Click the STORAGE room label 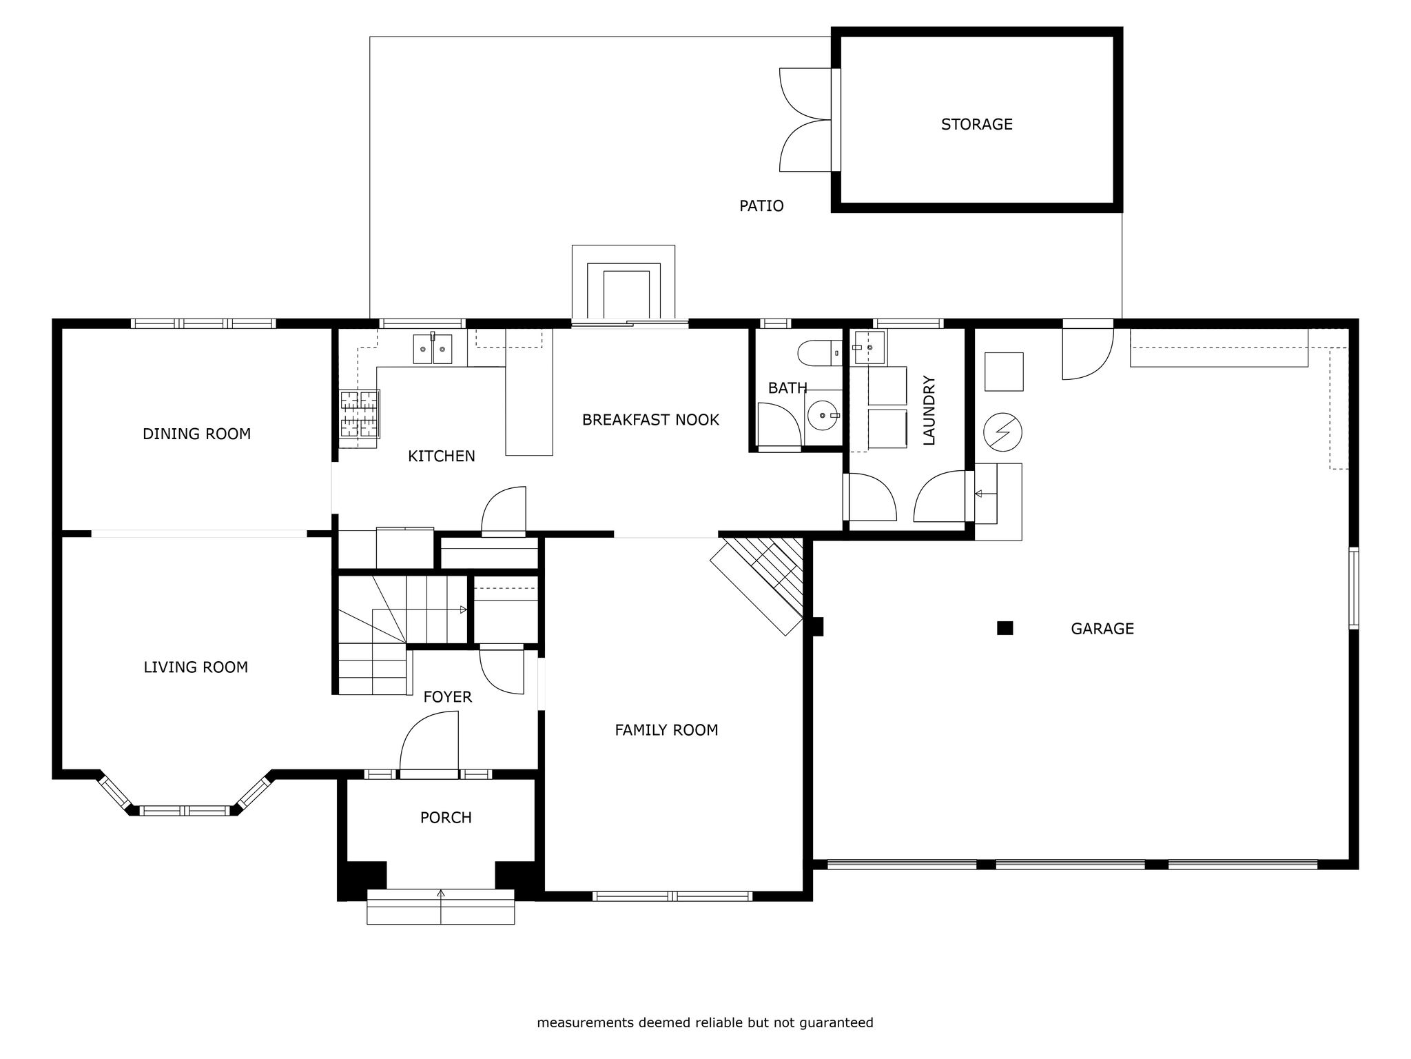(x=976, y=124)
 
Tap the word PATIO (x=761, y=205)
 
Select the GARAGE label (x=1102, y=628)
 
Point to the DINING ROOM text (x=196, y=434)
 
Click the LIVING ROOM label (x=196, y=667)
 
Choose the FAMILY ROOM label (x=666, y=729)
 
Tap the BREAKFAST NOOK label (x=650, y=419)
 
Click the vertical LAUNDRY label (x=929, y=410)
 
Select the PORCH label (x=446, y=817)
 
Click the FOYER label (x=447, y=696)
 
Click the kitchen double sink (x=433, y=349)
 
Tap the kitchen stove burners (x=360, y=414)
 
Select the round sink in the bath (x=823, y=416)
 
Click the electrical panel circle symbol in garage (x=1002, y=432)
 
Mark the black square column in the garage (x=1005, y=627)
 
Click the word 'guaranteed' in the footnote (x=836, y=1022)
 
